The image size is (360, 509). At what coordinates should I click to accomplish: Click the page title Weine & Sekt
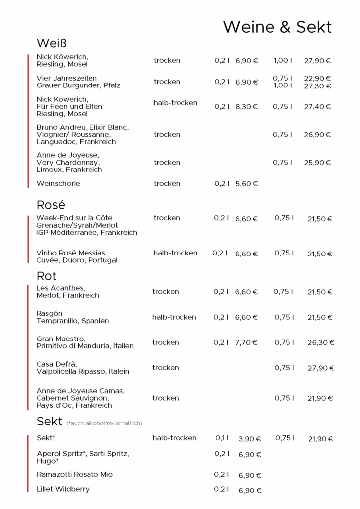277,27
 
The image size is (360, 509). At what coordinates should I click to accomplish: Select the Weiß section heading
52,43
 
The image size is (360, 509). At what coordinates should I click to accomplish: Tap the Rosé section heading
51,205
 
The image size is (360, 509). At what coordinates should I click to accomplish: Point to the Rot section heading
47,276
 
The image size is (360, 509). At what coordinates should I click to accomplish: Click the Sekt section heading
49,422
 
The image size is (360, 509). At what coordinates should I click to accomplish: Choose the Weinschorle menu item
58,184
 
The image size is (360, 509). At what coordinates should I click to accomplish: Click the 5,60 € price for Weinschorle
247,184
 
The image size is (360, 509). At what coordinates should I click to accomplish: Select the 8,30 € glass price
247,107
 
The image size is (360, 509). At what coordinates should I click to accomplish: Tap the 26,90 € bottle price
317,135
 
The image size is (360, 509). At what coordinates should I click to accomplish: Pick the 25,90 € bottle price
317,163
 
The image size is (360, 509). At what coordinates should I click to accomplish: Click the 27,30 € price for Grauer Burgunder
317,86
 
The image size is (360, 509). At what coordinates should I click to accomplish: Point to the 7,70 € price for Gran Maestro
246,342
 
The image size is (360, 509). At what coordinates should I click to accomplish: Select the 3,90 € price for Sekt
250,439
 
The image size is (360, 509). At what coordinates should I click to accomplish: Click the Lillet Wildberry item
63,489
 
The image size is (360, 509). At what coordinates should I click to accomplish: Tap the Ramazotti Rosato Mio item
75,475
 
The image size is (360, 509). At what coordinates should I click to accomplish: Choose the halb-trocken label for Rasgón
174,317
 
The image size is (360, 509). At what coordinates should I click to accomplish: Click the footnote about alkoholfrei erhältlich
104,423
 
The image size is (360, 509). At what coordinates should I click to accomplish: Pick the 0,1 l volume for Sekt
222,438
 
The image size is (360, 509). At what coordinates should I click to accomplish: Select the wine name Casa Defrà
57,364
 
